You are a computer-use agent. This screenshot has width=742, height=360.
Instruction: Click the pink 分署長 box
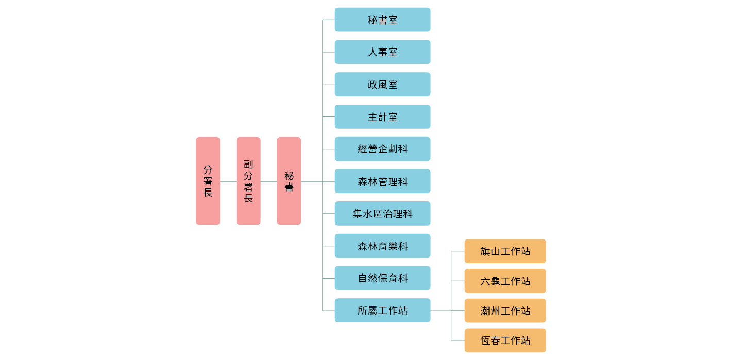tap(208, 181)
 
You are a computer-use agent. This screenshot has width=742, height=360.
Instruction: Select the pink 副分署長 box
tap(248, 181)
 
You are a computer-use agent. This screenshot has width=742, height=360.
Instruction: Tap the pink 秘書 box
tap(289, 181)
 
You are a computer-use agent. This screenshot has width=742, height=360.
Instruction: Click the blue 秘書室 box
tap(382, 20)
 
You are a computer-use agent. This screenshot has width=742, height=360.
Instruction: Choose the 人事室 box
tap(382, 52)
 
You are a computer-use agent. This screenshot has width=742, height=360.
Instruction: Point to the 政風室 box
tap(382, 84)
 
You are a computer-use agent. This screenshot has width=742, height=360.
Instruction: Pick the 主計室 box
tap(382, 117)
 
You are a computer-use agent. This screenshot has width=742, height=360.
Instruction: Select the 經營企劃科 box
tap(382, 149)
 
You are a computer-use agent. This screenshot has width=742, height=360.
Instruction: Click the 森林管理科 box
tap(382, 181)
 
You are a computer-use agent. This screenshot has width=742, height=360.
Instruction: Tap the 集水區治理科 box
tap(382, 214)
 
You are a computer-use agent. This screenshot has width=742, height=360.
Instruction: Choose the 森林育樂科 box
tap(382, 246)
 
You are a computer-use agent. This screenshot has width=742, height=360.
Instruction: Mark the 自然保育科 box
tap(382, 278)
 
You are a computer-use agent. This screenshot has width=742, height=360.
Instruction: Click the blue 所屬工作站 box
tap(382, 311)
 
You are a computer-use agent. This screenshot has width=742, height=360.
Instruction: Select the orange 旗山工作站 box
tap(505, 251)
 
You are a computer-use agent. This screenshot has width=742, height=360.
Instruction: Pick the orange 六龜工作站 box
tap(505, 281)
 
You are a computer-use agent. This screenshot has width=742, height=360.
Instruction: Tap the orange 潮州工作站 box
tap(505, 311)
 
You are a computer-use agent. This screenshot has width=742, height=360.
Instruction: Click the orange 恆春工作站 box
tap(505, 340)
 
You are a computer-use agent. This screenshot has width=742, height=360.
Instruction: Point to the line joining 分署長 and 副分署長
tap(228, 181)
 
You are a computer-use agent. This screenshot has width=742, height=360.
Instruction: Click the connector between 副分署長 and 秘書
tap(268, 181)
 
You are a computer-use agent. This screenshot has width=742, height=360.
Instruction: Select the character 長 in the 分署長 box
tap(208, 193)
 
